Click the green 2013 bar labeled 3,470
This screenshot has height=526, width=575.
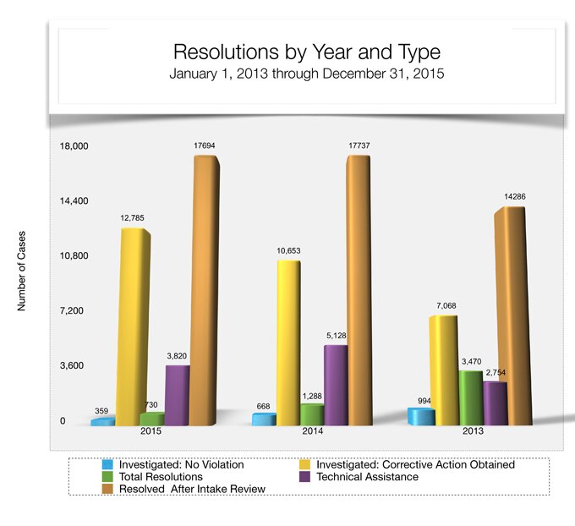[x=471, y=397]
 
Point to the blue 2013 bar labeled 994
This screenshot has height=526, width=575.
[x=421, y=416]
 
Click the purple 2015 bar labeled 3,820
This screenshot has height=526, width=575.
[x=178, y=393]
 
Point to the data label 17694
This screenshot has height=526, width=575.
[x=204, y=146]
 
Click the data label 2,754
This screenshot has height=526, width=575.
[x=496, y=373]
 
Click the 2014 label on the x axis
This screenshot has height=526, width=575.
[x=314, y=431]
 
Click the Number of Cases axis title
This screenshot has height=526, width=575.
[x=22, y=271]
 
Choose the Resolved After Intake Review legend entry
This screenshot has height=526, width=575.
[x=193, y=489]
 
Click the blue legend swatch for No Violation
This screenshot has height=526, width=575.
[x=107, y=464]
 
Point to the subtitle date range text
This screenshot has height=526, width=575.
[x=306, y=74]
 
